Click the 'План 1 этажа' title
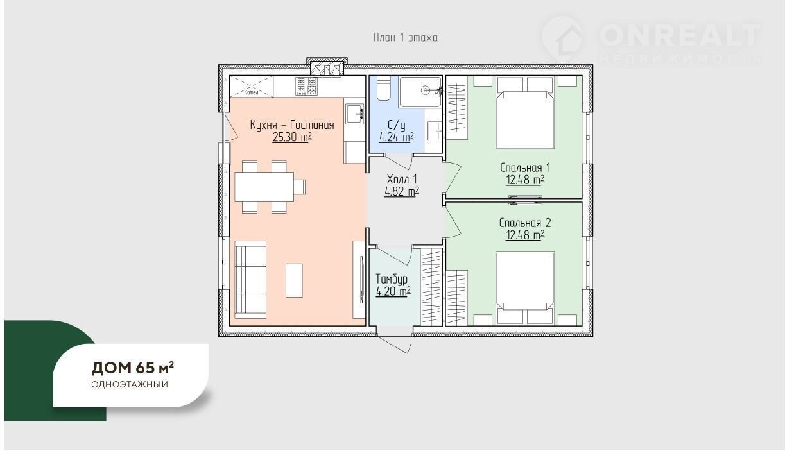405,37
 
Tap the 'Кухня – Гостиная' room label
292,125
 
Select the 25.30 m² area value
292,137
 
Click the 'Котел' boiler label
251,92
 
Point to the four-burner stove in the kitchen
306,86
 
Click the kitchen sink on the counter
355,114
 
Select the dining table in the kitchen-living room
264,187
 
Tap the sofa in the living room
250,280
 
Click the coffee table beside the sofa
294,280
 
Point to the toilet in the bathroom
384,89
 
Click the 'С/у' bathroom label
397,125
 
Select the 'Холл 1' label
402,179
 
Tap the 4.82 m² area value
402,192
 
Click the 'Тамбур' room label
392,279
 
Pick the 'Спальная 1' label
525,167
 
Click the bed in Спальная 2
525,288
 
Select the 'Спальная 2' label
525,223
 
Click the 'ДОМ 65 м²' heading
133,368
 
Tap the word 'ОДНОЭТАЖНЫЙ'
130,384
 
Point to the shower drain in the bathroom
426,90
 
